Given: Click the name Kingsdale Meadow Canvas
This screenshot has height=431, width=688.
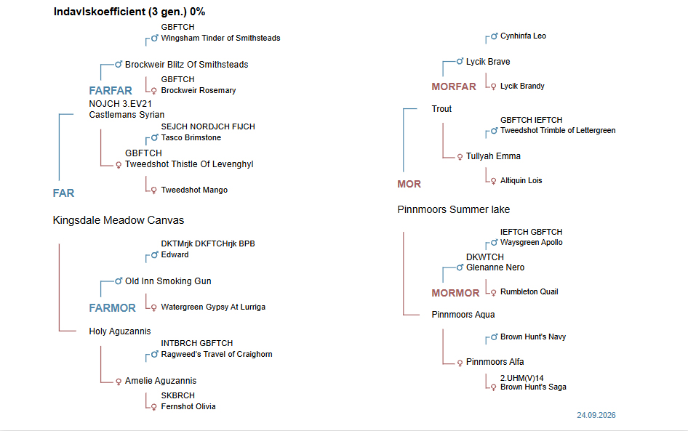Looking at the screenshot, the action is (119, 220).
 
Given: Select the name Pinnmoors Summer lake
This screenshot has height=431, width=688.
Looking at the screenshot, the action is (454, 209).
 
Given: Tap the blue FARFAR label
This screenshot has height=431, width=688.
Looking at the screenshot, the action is (111, 91).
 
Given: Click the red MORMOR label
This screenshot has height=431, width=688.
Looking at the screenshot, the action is (455, 293).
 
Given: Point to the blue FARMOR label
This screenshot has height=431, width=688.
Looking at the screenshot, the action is (112, 308).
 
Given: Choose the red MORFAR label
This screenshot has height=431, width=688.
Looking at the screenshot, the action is (454, 86).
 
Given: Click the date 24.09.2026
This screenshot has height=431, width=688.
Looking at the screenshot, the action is (596, 415).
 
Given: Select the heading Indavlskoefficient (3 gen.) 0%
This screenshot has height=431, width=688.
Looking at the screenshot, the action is (129, 12).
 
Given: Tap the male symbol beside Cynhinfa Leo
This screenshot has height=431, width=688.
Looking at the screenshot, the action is (494, 36).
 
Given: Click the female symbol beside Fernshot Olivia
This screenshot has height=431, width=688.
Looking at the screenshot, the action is (153, 407).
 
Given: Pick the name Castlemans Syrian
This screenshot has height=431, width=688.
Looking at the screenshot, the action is (127, 115).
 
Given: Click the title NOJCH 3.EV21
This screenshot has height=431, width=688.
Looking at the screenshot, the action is (120, 104).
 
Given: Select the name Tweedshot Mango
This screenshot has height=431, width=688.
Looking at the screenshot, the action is (194, 190).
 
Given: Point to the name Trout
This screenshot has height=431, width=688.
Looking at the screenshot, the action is (441, 109).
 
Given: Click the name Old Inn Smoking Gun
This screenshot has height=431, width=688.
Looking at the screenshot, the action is (168, 281).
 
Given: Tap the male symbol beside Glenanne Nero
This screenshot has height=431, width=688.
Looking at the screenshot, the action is (460, 267).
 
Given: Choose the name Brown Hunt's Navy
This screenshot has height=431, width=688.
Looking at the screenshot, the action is (533, 337).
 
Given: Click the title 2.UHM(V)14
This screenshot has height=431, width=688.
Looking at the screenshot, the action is (521, 378).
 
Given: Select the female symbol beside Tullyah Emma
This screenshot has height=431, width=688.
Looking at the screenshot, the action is (460, 156).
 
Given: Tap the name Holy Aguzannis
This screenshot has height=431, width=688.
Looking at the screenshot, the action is (120, 331).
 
